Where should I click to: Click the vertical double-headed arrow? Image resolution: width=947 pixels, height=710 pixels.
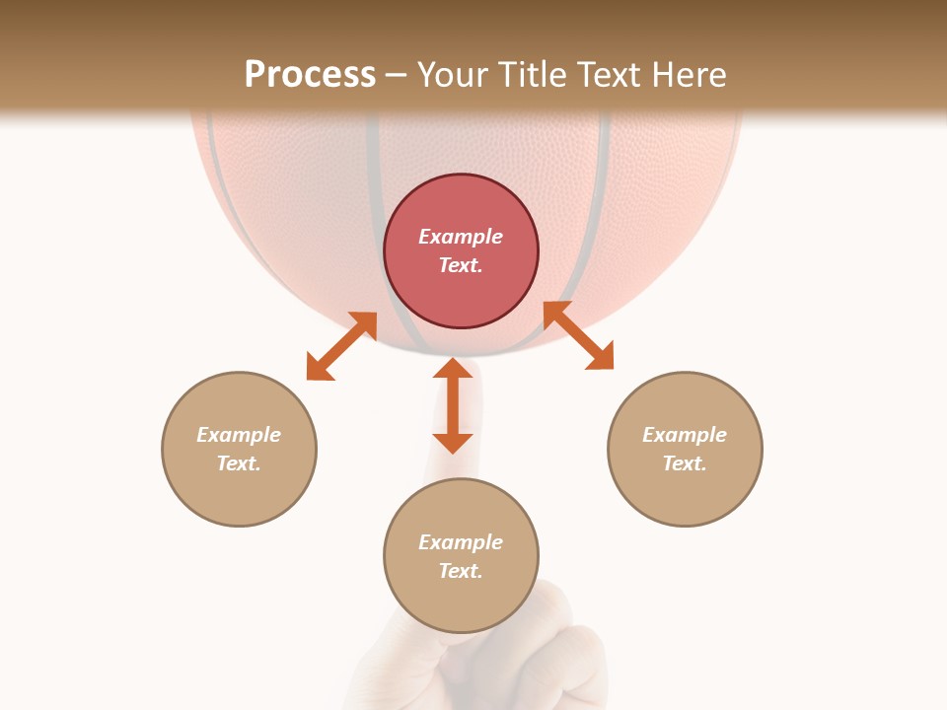(453, 404)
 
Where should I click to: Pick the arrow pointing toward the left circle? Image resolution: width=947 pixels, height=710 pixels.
(341, 346)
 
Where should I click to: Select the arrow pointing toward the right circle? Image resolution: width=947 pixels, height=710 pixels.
(578, 335)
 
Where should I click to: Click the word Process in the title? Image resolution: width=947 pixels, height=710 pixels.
(310, 74)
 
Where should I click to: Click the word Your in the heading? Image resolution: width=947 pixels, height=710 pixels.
(449, 74)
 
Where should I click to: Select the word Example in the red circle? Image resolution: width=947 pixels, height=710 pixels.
(461, 237)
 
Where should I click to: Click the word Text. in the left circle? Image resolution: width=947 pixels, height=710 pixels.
(239, 463)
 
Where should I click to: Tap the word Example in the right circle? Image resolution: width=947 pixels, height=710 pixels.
(685, 435)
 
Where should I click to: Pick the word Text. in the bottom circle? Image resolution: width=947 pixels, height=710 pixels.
(461, 571)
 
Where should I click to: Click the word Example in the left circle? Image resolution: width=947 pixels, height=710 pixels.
(239, 435)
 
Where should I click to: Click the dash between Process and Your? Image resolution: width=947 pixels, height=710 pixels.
(396, 75)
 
